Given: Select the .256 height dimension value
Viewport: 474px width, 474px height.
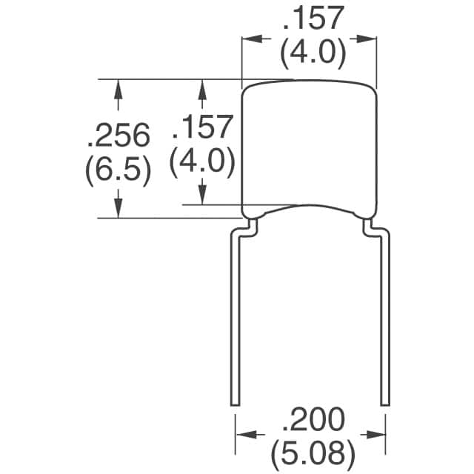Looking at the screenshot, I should click(x=118, y=136).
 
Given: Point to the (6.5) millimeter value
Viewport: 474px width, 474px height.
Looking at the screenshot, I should click(x=118, y=171).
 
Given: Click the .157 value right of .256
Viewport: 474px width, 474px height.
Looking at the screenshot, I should click(x=202, y=127).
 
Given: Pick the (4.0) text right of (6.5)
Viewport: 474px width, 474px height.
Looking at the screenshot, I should click(x=202, y=162).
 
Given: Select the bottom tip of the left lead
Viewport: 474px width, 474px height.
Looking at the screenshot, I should click(x=235, y=404).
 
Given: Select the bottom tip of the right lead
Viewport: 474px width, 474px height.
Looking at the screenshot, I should click(x=384, y=404).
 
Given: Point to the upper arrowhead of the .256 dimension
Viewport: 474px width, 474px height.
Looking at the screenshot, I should click(x=118, y=87).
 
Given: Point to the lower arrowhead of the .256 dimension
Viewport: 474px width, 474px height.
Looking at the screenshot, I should click(x=118, y=210).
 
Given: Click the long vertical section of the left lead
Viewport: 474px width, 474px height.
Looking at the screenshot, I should click(x=235, y=318).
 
